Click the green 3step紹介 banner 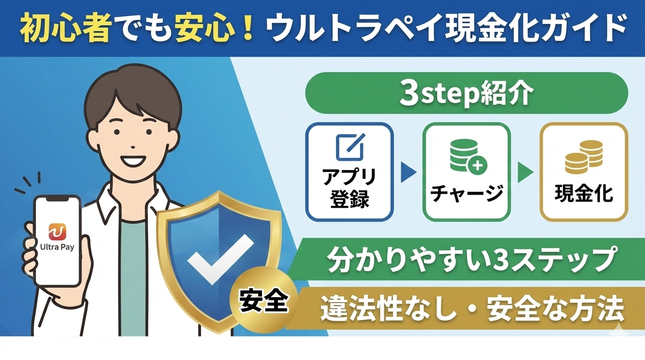(466, 93)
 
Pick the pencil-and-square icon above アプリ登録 (350, 147)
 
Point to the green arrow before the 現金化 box (525, 173)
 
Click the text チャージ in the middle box (466, 193)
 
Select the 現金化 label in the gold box (584, 193)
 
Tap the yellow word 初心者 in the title (65, 29)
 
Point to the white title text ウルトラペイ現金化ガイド (445, 29)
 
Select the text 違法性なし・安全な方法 (472, 309)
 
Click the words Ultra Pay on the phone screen (57, 247)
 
